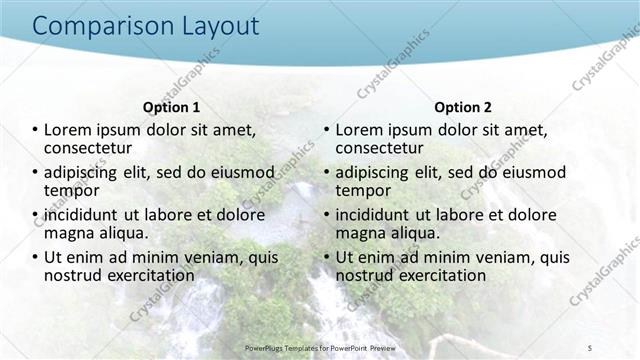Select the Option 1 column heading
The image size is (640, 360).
pyautogui.click(x=172, y=107)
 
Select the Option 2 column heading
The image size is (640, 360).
pyautogui.click(x=463, y=107)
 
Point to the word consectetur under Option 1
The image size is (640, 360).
pyautogui.click(x=92, y=147)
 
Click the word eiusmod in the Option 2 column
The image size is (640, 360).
pyautogui.click(x=531, y=172)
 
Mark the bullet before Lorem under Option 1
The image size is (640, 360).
pyautogui.click(x=35, y=130)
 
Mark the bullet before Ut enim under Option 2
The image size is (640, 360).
pyautogui.click(x=327, y=257)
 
